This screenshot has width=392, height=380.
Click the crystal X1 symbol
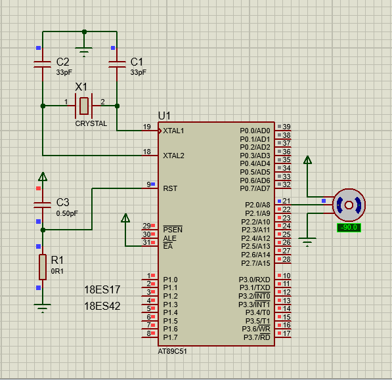84,106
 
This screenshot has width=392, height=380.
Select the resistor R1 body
43,267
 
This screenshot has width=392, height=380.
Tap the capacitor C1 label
137,62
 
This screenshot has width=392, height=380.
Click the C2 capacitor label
62,62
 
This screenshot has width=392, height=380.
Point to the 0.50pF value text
67,213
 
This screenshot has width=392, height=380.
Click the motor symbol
349,205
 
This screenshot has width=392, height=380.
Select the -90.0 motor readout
349,228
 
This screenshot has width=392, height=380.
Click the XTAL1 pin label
173,131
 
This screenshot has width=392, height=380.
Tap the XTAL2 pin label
173,156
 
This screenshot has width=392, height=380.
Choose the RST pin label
170,188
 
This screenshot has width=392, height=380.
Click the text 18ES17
102,290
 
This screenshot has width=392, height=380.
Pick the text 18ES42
102,306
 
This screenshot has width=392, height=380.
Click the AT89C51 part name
172,351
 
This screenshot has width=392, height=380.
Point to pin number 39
286,127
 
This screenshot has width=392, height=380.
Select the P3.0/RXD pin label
255,280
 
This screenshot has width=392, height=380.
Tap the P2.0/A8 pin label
257,205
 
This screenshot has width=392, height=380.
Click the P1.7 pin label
170,337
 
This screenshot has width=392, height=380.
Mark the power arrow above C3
43,177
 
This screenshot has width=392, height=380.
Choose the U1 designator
164,116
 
